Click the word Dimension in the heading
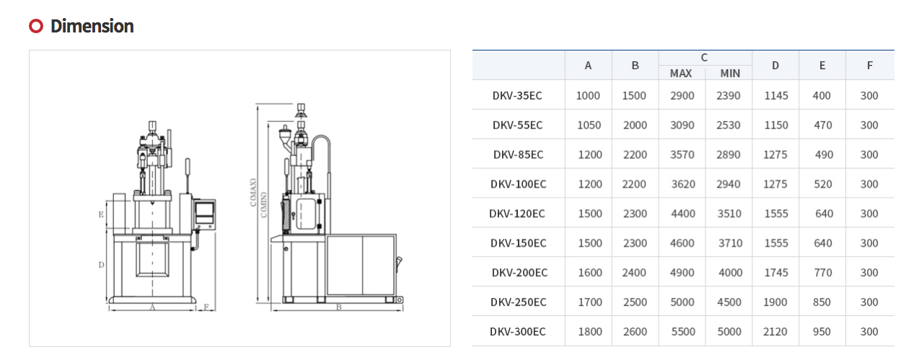[92, 26]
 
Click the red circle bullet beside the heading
[36, 26]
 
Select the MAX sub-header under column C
[681, 73]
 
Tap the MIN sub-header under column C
[730, 73]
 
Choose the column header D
[775, 66]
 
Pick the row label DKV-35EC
[517, 95]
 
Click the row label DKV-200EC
[520, 273]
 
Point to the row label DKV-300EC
[518, 332]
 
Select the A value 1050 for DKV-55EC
[589, 125]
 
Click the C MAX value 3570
[682, 154]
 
